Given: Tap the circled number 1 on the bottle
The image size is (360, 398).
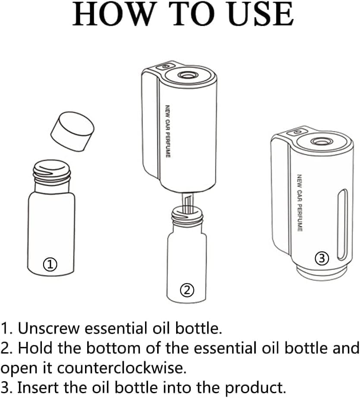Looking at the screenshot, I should point(51,264).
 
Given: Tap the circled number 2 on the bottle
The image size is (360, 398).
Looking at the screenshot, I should point(187,290).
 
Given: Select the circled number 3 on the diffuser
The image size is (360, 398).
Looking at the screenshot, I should point(322,258).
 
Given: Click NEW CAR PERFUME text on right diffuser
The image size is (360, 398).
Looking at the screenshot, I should point(299,202).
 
